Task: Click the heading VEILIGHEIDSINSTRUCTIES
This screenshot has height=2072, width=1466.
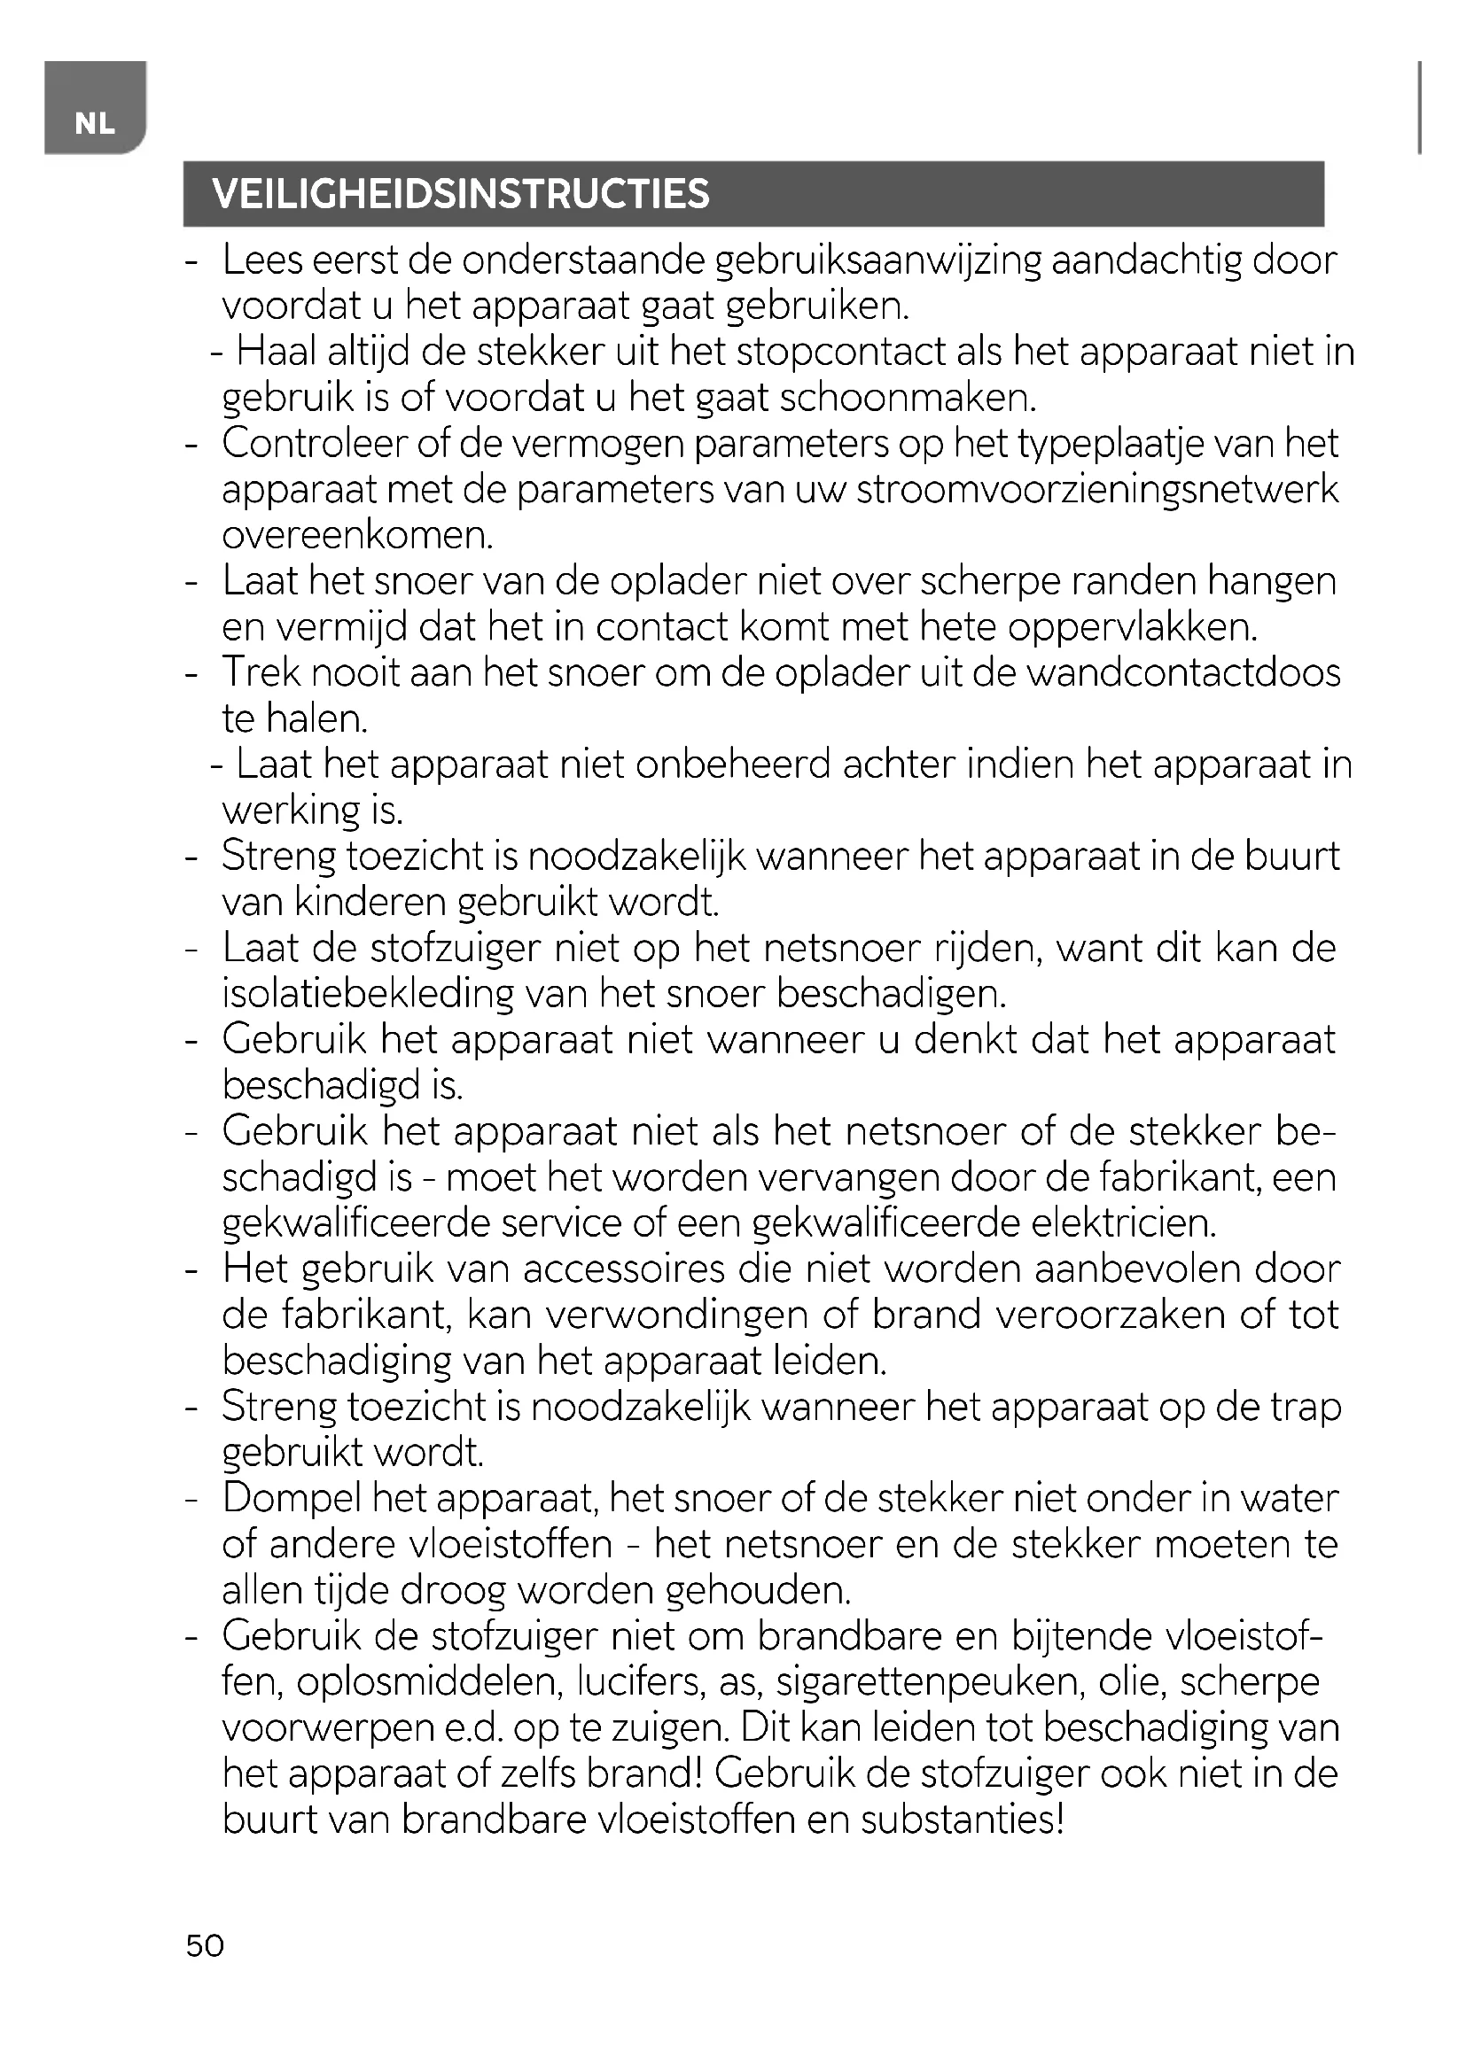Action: click(x=460, y=194)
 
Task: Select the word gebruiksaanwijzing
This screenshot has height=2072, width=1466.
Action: click(x=878, y=261)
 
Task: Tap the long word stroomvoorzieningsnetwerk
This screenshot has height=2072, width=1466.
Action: click(x=1097, y=490)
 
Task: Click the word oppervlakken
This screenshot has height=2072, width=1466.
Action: click(x=1133, y=627)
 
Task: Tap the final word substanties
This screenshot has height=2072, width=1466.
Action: click(x=963, y=1820)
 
